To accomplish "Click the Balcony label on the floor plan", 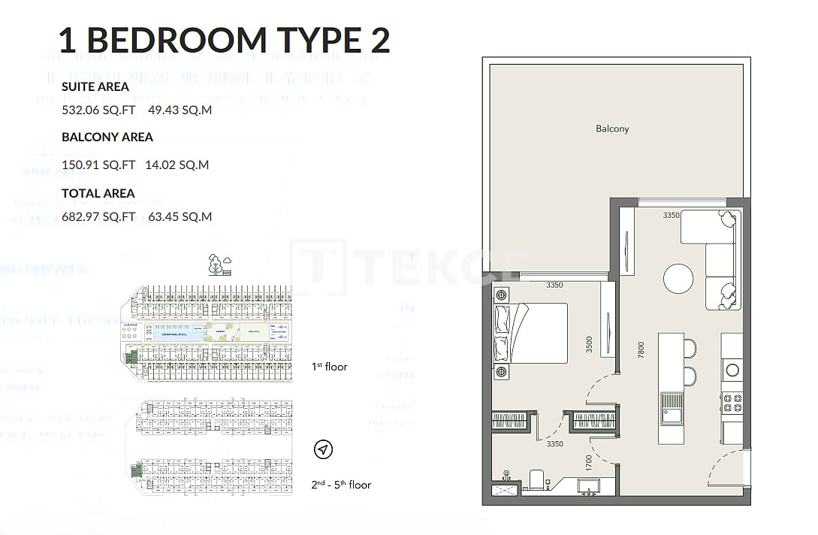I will [612, 128].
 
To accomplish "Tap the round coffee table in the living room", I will [679, 279].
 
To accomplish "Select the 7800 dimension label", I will [641, 351].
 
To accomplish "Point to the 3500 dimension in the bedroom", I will [589, 344].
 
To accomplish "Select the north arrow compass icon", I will [323, 449].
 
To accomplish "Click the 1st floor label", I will [330, 367].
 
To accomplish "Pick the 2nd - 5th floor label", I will [342, 485].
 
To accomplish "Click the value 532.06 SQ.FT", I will [98, 110].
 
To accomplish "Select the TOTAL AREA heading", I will [98, 193].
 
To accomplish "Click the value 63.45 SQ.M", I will [180, 217].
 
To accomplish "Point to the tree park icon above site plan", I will [219, 264].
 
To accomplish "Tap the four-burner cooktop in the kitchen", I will [732, 402].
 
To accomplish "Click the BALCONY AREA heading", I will [107, 137].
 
